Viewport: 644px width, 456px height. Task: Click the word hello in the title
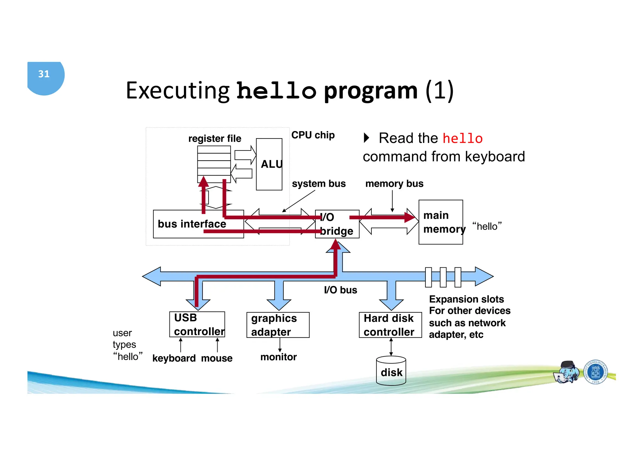coord(276,91)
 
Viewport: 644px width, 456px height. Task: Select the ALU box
coord(269,164)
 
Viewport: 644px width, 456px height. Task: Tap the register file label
coord(215,139)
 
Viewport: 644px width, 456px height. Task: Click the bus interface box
coord(192,224)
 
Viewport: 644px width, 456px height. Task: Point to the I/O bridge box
coord(337,224)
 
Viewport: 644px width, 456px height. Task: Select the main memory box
coord(440,222)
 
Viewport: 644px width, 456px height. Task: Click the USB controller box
coord(197,324)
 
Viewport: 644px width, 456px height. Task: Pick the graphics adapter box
coord(278,325)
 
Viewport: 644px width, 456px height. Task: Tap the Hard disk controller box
coord(390,325)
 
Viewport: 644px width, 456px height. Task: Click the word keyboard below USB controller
coord(174,358)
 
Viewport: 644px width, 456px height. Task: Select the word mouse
coord(217,358)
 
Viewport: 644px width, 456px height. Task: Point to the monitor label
coord(278,357)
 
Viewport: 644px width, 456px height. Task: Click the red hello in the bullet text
coord(462,139)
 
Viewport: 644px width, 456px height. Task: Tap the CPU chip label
coord(313,135)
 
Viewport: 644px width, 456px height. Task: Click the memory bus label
coord(394,184)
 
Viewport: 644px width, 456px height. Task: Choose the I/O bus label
coord(341,290)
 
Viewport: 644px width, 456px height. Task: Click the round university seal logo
coord(595,372)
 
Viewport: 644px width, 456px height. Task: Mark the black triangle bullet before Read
coord(366,138)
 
